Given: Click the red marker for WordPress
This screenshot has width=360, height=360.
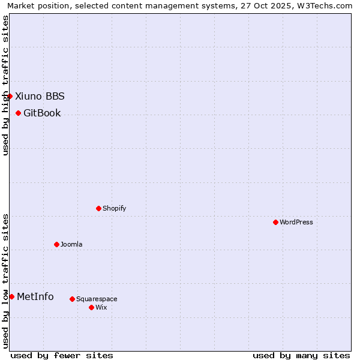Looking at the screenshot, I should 275,222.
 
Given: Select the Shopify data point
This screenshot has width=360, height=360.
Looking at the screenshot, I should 98,208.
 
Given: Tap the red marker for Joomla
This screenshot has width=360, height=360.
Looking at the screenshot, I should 56,244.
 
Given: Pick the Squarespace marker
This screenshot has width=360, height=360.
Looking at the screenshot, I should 72,299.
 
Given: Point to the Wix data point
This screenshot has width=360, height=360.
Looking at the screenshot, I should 91,307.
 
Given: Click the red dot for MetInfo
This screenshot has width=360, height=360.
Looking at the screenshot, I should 11,296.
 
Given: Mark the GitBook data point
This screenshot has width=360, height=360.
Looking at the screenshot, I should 18,113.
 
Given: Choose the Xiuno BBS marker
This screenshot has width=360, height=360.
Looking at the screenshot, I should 10,96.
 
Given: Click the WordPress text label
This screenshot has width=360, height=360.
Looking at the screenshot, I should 296,223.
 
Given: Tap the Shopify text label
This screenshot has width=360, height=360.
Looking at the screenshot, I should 114,209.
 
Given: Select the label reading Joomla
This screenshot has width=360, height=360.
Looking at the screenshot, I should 71,245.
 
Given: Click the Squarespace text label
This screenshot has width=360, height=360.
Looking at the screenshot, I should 97,299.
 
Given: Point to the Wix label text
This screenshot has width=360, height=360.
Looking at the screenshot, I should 101,308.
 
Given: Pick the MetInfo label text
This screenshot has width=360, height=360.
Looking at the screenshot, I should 35,296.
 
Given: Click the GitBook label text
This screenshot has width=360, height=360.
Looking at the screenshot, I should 42,113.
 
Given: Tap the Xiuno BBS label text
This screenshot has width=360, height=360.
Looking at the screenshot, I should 40,96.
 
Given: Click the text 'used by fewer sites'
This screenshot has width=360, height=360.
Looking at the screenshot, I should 62,355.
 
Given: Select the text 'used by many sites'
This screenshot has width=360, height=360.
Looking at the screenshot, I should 301,355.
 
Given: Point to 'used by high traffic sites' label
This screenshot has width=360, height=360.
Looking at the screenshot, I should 5,85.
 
